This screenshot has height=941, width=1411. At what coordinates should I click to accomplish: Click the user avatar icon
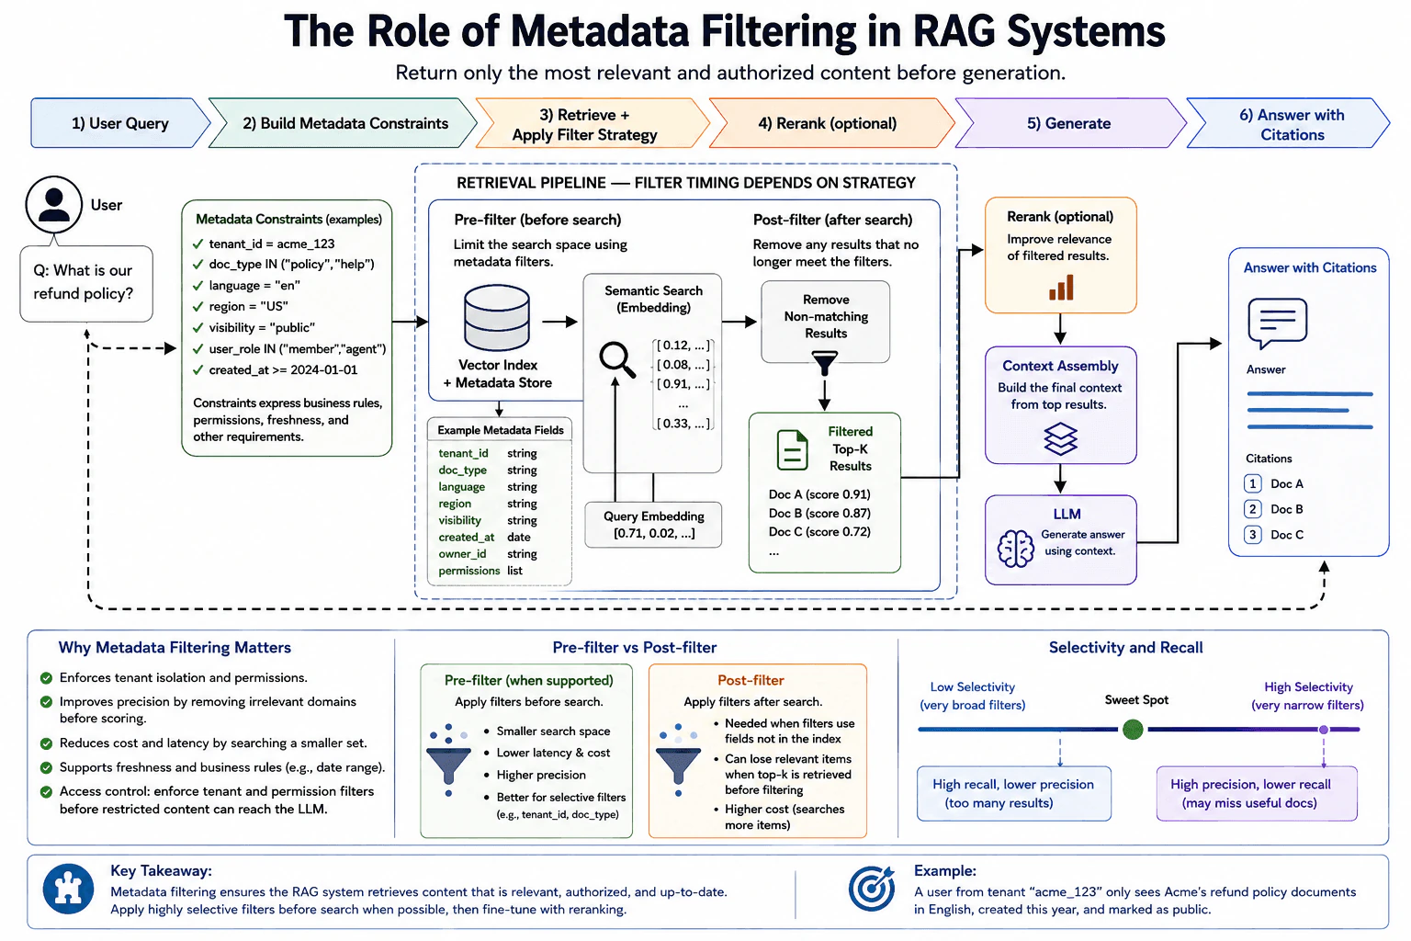tap(54, 205)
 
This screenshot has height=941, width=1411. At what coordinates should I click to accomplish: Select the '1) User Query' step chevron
tap(120, 123)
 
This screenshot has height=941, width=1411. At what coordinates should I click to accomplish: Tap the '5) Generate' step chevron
tap(1069, 123)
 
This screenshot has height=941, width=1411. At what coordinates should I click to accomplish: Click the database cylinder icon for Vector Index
tap(496, 317)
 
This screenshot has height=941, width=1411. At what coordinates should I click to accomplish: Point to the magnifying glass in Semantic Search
tap(616, 359)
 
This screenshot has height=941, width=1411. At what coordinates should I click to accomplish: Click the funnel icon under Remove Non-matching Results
tap(825, 362)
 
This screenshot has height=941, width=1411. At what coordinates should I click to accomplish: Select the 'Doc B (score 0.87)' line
tap(819, 513)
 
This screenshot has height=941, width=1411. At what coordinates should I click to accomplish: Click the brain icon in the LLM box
tap(1015, 549)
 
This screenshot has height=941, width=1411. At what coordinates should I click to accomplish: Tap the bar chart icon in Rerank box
tap(1061, 287)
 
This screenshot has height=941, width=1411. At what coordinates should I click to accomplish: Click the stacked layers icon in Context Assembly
tap(1060, 438)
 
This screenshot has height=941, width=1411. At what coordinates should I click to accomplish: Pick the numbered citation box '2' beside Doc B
tap(1252, 509)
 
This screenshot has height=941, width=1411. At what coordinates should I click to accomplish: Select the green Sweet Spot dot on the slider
tap(1133, 730)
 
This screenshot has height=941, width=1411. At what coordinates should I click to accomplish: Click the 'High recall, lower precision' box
tap(1013, 794)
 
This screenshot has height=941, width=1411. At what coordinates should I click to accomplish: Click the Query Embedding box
tap(653, 525)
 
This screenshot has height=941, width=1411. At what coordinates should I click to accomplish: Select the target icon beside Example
tap(871, 888)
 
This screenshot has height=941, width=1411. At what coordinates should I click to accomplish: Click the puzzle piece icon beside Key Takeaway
tap(68, 889)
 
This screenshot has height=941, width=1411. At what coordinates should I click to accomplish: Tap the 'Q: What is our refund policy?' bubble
tap(86, 283)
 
